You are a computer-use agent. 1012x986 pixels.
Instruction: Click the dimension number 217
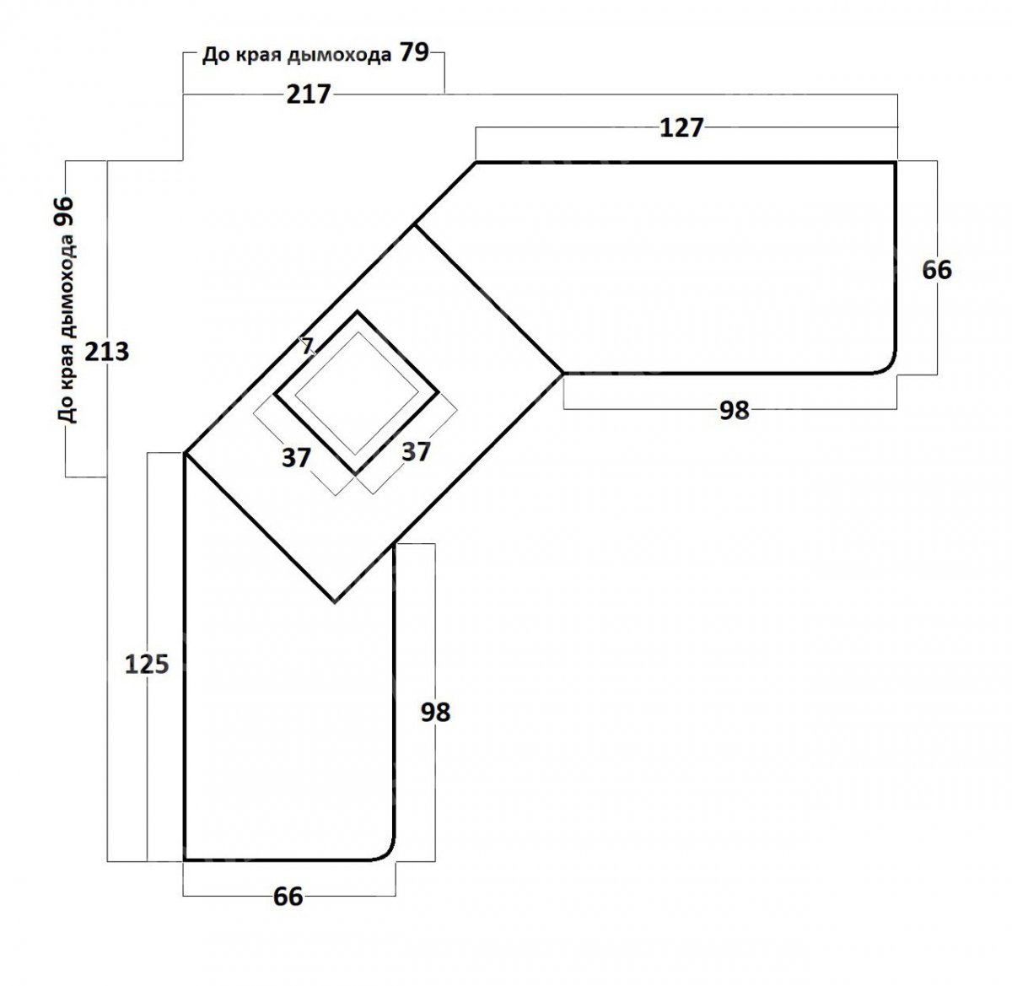click(309, 94)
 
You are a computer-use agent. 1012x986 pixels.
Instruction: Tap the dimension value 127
click(681, 128)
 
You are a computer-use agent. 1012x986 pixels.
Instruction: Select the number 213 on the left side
click(106, 352)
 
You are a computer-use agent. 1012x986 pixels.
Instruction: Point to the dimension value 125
click(147, 664)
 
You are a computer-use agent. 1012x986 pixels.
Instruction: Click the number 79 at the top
click(414, 52)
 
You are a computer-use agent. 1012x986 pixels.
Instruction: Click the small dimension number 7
click(308, 346)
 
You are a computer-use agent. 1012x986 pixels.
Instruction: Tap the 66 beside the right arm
click(937, 270)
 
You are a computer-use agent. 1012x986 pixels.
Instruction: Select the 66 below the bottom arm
click(288, 896)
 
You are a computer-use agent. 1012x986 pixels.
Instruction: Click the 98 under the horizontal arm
click(735, 410)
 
